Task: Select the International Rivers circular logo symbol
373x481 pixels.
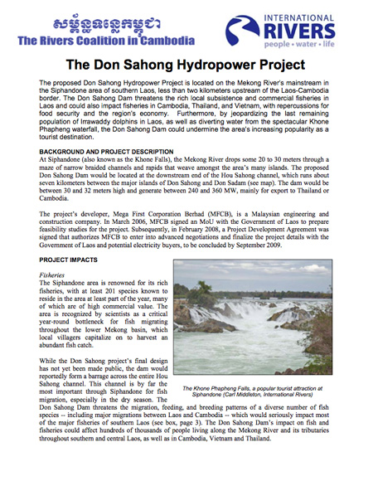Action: (243, 31)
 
